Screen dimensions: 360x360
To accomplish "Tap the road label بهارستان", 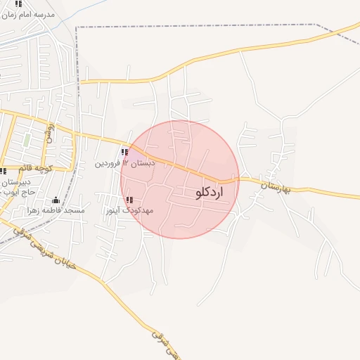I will [x=274, y=187].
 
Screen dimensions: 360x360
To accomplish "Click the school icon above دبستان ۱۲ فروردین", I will [x=124, y=153].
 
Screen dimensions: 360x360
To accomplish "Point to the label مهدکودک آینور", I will [x=129, y=210].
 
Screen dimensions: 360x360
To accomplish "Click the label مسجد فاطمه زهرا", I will [x=56, y=210].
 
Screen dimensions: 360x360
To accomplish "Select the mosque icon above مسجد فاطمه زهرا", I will [x=56, y=200].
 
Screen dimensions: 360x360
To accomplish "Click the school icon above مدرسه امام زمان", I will [x=18, y=4].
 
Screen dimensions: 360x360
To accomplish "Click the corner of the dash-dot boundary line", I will [x=77, y=27].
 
